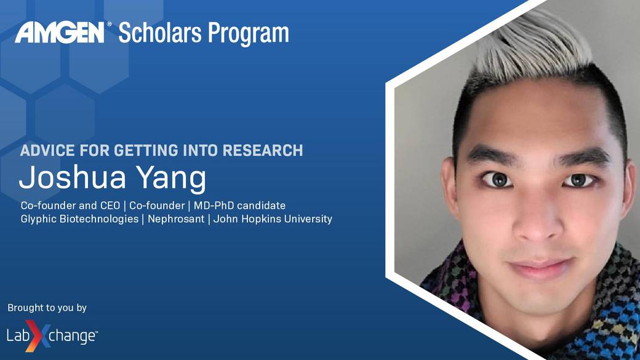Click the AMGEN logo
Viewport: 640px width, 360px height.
click(x=60, y=33)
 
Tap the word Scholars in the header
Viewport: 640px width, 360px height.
click(x=159, y=33)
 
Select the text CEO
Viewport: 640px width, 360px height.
click(x=110, y=206)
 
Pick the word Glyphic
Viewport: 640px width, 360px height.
click(x=39, y=219)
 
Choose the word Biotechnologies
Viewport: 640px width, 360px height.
click(x=99, y=219)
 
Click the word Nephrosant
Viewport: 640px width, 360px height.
click(x=176, y=219)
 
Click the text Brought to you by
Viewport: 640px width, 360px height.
click(x=47, y=308)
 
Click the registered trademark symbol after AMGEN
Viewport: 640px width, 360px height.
click(x=109, y=25)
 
